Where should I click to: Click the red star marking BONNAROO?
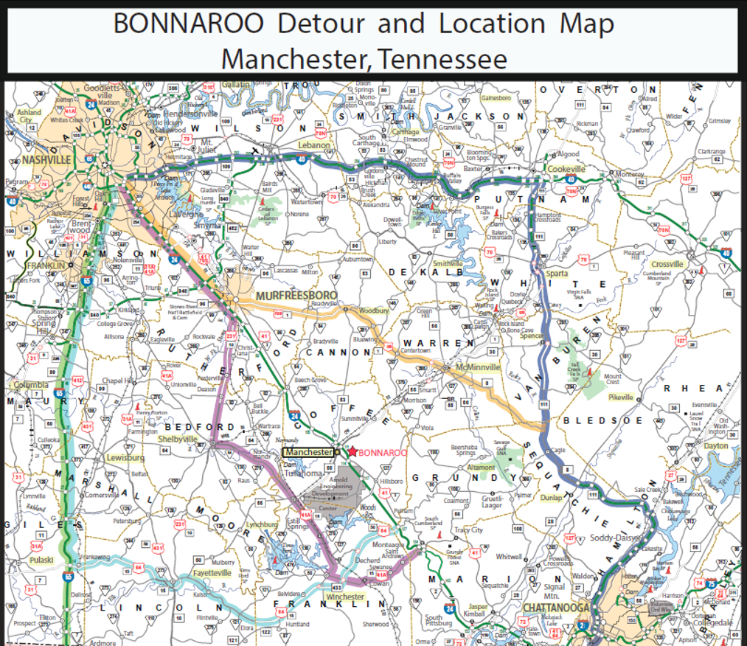click(x=352, y=451)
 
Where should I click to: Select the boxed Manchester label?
click(x=308, y=451)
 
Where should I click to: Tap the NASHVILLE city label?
click(x=46, y=159)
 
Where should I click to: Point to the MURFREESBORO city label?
click(x=296, y=296)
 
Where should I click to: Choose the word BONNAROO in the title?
click(x=189, y=25)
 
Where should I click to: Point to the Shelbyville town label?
click(x=178, y=439)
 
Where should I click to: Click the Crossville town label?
click(x=668, y=264)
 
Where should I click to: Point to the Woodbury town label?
click(x=373, y=311)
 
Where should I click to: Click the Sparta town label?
click(x=557, y=273)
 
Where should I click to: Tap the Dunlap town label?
click(x=551, y=498)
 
